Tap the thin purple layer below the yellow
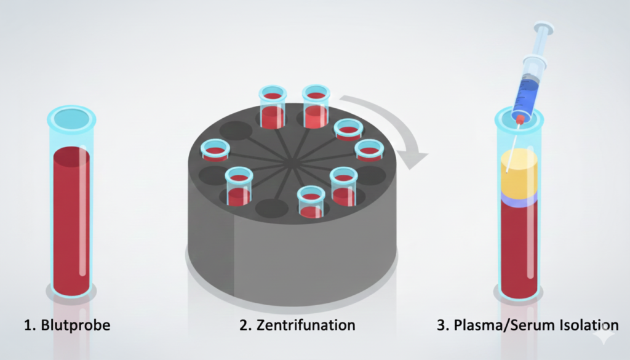pos(519,198)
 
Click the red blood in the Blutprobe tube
pos(71,222)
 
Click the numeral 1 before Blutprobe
pos(28,325)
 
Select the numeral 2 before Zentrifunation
pos(244,325)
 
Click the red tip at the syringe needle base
pos(520,118)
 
